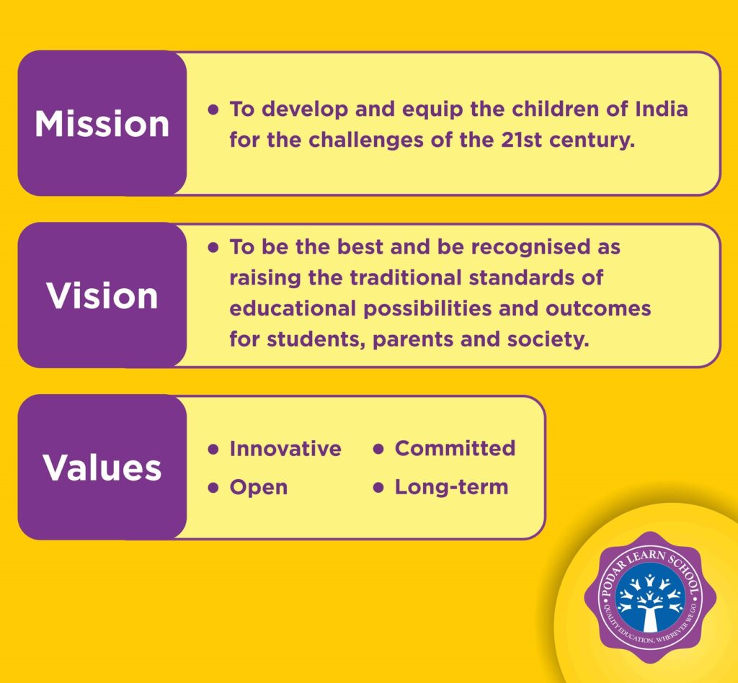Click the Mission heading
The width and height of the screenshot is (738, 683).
coord(102,124)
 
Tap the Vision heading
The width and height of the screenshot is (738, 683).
coord(102,296)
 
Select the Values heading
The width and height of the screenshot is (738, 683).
coord(102,468)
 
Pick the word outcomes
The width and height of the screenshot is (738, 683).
coord(598,309)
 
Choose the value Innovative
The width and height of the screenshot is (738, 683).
coord(285,448)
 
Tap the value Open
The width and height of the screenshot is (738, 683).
coord(259,488)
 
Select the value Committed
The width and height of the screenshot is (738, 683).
coord(455,448)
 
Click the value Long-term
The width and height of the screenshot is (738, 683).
coord(451,487)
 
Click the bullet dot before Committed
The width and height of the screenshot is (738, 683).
coord(378,449)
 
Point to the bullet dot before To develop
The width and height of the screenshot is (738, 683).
coord(213,110)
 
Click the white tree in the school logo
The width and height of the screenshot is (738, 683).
coord(650,604)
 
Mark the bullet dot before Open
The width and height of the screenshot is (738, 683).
coord(213,488)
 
